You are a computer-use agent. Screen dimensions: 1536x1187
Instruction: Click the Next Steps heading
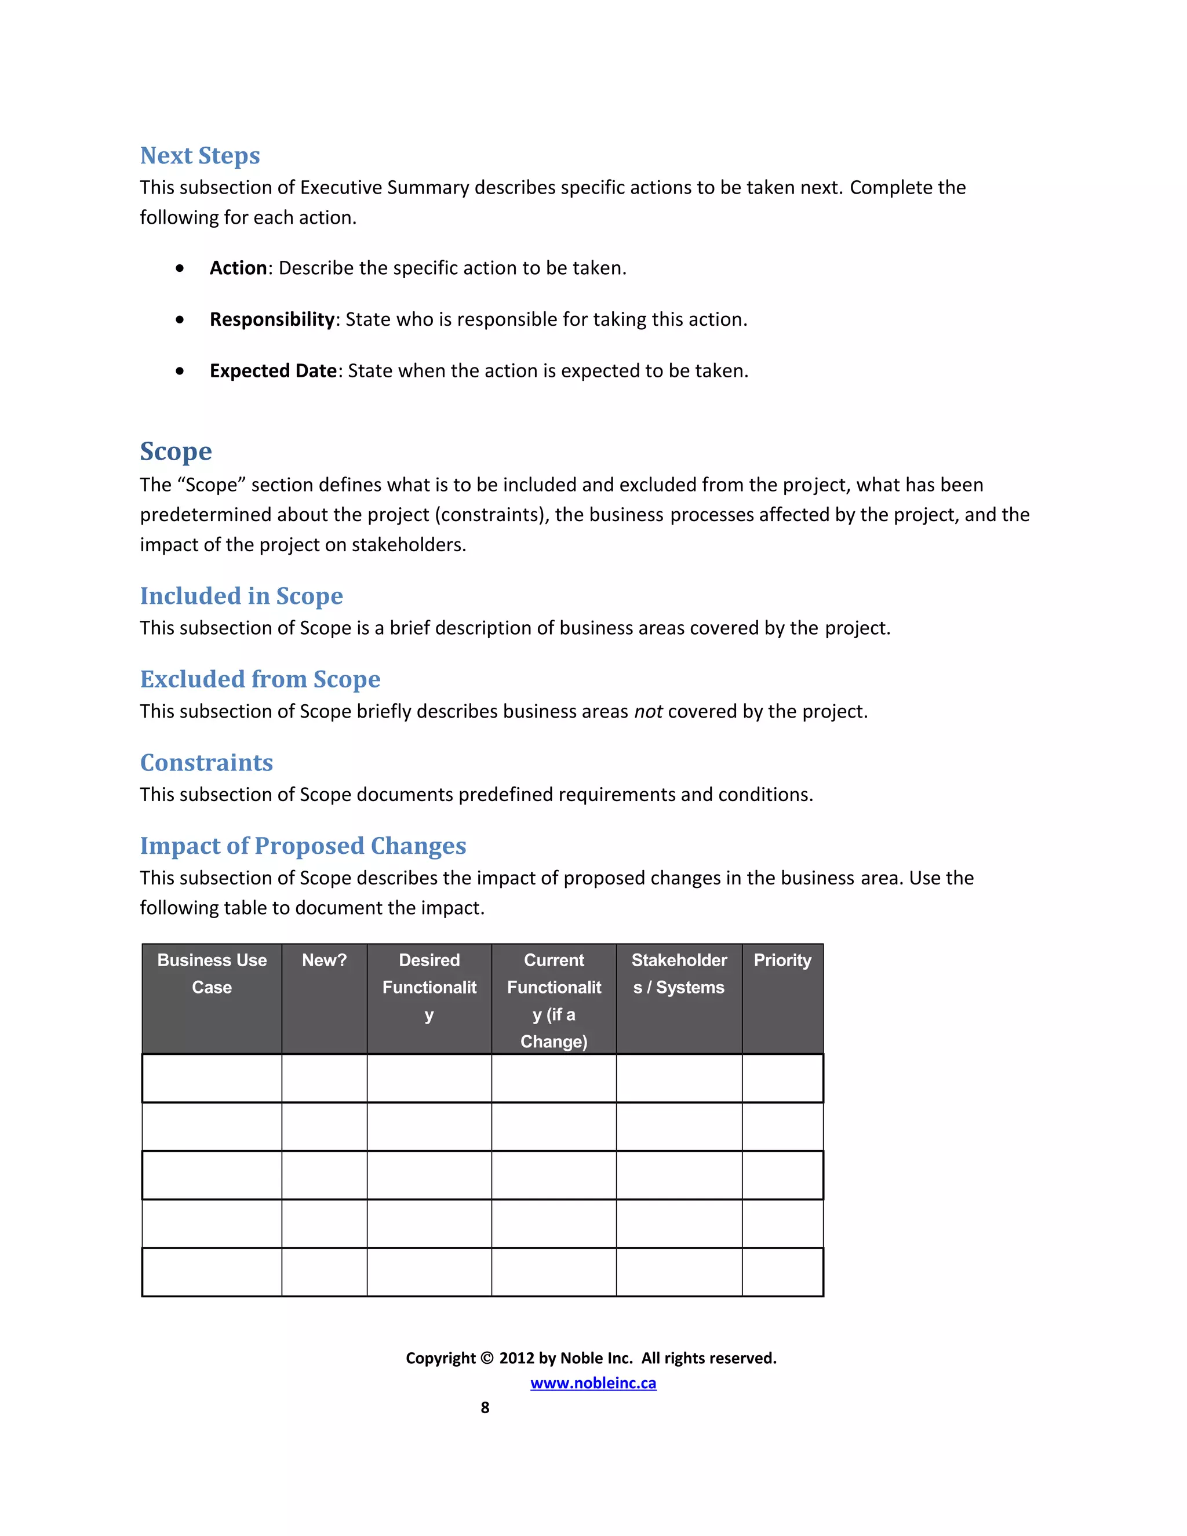[x=200, y=155]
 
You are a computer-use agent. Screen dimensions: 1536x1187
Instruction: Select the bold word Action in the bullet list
[x=238, y=268]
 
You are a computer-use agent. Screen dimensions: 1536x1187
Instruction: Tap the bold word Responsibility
[x=271, y=319]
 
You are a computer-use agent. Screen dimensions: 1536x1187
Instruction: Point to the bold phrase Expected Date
[x=273, y=370]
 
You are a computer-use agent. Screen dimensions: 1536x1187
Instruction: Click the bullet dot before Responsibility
[x=180, y=320]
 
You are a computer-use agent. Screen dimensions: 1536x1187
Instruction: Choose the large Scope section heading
[x=176, y=451]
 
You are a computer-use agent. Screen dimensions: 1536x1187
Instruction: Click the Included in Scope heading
[x=241, y=596]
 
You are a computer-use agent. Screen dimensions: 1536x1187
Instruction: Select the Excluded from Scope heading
[x=260, y=679]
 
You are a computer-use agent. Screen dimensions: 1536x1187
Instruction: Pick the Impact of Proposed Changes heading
[x=303, y=845]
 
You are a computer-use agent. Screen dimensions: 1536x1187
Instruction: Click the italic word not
[x=647, y=712]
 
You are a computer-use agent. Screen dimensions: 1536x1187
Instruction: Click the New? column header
[x=324, y=960]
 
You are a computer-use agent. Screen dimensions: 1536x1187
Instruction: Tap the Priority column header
[x=782, y=960]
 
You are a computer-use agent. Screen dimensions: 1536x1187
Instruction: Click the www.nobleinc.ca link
[x=593, y=1382]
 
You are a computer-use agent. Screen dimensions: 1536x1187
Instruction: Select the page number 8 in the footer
[x=485, y=1407]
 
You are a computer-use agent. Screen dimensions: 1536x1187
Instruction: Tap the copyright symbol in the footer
[x=487, y=1358]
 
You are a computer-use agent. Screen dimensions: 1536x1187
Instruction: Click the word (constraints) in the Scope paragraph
[x=491, y=515]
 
